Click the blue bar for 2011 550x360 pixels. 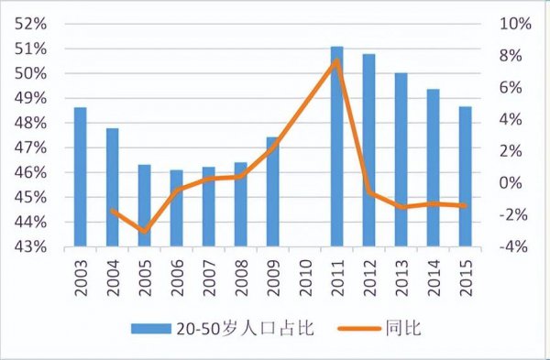pos(337,147)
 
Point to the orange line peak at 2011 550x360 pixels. pos(337,61)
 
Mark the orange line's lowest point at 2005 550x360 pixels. pos(145,231)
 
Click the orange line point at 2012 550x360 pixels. pos(369,192)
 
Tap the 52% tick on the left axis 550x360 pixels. pos(35,24)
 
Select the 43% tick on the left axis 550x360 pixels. pos(35,247)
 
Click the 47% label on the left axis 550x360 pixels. pos(35,147)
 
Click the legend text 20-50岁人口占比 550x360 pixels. pos(247,328)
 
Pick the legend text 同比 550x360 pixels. pos(407,328)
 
